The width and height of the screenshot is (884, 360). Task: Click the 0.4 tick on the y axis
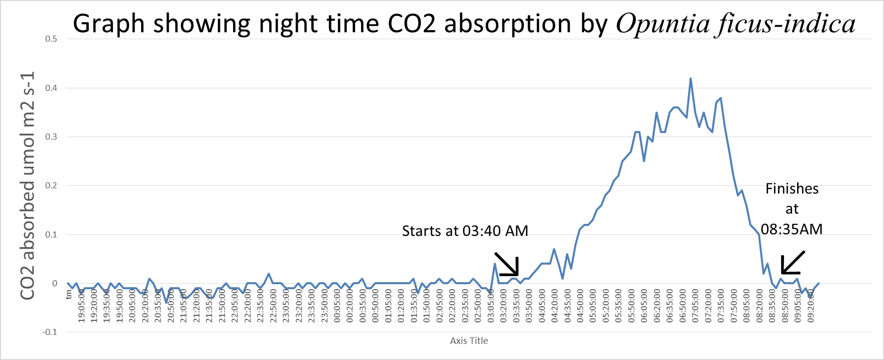[51, 88]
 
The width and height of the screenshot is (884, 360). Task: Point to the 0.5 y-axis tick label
[51, 39]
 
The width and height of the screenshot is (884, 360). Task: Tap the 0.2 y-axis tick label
[51, 185]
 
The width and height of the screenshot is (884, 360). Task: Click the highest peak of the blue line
[691, 78]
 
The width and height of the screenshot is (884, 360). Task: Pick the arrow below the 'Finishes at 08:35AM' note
[793, 263]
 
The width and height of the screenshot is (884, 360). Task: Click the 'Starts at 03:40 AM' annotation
[465, 231]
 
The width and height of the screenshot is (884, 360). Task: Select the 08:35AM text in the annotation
[792, 229]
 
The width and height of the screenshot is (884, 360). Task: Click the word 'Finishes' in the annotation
[792, 189]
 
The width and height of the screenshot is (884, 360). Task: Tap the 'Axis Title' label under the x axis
[469, 341]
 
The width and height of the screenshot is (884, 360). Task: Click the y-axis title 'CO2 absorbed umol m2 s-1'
[28, 186]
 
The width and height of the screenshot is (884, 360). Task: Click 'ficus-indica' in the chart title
[787, 24]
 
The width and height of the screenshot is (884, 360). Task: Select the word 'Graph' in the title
[109, 24]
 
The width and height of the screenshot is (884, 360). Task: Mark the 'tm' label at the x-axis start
[69, 294]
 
